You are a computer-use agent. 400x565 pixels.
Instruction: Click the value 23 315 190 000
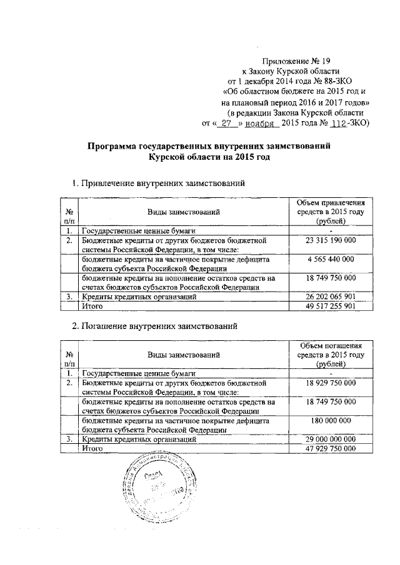click(x=331, y=240)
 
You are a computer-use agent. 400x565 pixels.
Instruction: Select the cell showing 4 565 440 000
click(x=331, y=258)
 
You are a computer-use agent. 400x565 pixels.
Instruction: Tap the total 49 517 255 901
click(x=331, y=306)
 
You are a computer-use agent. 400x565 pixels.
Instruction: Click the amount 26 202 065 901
click(x=331, y=297)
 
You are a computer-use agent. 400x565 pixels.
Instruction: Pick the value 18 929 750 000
click(x=331, y=382)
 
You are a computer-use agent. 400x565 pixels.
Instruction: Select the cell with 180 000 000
click(x=331, y=421)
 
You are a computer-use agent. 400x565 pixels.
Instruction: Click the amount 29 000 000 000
click(x=331, y=440)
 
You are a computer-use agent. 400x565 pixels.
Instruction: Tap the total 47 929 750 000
click(x=331, y=449)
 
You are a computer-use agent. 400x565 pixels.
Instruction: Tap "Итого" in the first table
click(x=92, y=306)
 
